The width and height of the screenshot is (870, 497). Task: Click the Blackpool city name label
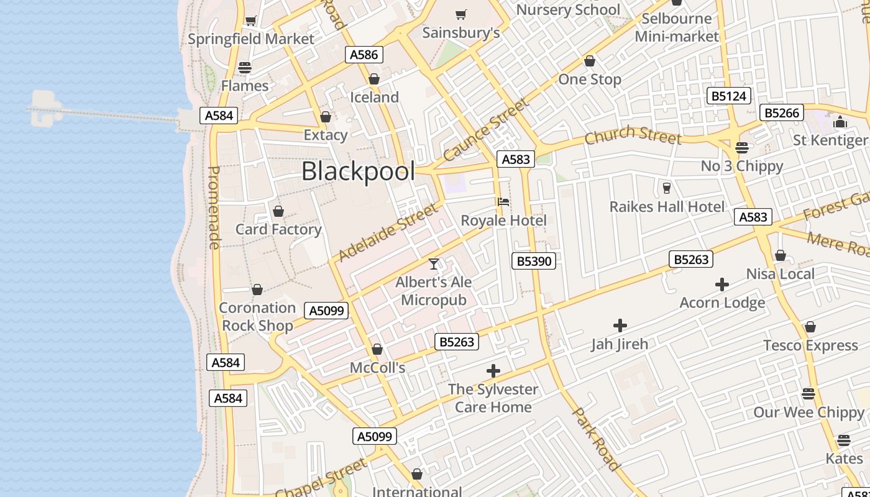click(358, 171)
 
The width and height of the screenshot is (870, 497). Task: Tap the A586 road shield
click(364, 55)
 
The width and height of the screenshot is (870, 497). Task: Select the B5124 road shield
click(730, 96)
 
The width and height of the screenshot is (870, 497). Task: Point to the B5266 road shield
click(782, 113)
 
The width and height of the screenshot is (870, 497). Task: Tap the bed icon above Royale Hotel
click(503, 202)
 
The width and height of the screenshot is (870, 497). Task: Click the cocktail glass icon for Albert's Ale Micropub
click(434, 264)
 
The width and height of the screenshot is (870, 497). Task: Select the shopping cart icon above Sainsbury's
click(461, 14)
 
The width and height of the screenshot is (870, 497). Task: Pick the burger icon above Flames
click(245, 68)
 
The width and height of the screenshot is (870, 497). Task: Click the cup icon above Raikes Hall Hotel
click(667, 188)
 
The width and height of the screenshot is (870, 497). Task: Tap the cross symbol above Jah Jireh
click(620, 326)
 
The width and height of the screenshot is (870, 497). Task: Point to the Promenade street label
click(214, 208)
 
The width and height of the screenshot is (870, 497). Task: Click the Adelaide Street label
click(388, 233)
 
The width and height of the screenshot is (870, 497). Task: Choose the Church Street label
click(633, 135)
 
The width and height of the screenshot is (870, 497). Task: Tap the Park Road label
click(596, 439)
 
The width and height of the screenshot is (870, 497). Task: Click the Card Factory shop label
click(278, 229)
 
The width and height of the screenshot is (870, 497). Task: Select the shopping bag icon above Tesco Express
click(810, 327)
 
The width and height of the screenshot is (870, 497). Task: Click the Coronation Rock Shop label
click(257, 316)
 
